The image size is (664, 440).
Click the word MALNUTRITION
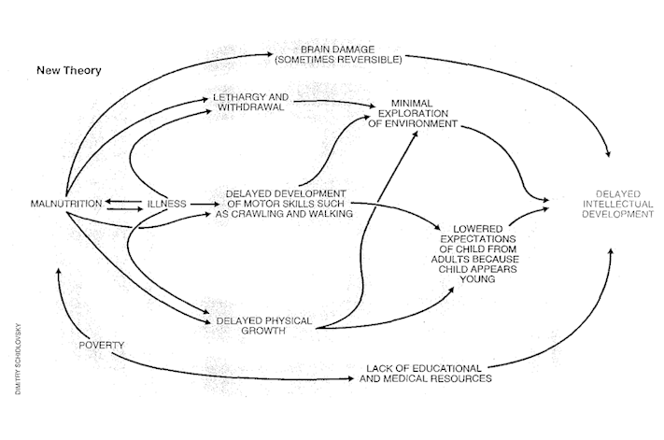[66, 204]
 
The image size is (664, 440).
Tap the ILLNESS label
[167, 204]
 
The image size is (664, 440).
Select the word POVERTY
[102, 345]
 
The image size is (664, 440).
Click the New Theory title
[69, 70]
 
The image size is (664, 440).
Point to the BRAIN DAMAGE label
[338, 50]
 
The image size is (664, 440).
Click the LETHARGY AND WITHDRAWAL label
[250, 102]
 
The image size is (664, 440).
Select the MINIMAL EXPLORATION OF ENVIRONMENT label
[413, 113]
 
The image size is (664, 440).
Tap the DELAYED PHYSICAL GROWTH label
[263, 326]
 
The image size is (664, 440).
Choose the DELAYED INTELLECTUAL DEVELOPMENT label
[618, 205]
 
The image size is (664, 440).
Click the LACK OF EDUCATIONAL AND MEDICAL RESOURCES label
[426, 374]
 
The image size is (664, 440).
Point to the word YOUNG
[477, 279]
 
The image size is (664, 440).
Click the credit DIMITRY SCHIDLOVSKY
[18, 359]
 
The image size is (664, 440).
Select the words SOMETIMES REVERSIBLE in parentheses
[338, 60]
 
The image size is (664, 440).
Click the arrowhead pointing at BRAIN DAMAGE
[271, 54]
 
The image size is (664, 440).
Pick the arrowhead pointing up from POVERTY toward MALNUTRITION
[59, 271]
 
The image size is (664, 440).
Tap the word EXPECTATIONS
[477, 239]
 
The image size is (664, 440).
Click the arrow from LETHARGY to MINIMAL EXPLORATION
[334, 102]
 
